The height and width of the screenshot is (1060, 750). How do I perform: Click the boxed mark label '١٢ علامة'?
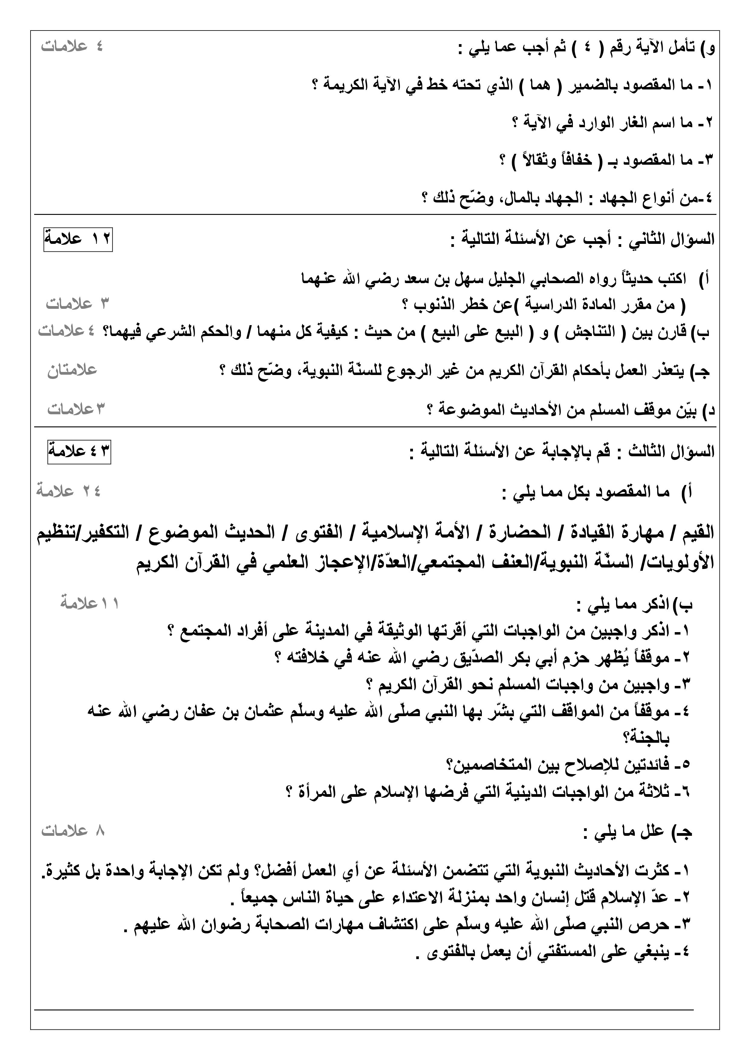pyautogui.click(x=78, y=239)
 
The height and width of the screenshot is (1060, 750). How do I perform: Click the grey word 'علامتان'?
pyautogui.click(x=72, y=370)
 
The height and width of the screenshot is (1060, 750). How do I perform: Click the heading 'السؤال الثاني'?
pyautogui.click(x=670, y=239)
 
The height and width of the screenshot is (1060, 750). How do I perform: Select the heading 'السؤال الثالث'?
pyautogui.click(x=670, y=451)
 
